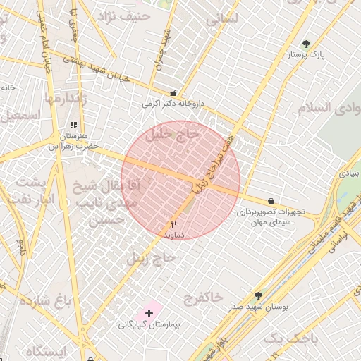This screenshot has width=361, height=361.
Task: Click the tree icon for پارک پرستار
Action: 305,44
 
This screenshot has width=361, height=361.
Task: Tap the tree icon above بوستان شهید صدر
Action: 258,295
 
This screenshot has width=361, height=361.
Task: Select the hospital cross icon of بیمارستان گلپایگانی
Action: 149,312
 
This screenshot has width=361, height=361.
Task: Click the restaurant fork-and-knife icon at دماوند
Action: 173,224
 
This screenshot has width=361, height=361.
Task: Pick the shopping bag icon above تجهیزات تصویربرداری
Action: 271,201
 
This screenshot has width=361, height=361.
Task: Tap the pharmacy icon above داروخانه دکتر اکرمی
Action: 173,92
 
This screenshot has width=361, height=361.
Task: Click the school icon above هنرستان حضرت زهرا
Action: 73,125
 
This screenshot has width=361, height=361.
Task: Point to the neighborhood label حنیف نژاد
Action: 126,16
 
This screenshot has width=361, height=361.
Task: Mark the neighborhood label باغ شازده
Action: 47,302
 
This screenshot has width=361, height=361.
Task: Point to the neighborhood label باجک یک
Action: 290,338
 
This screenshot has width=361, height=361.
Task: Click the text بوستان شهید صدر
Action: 257,307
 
